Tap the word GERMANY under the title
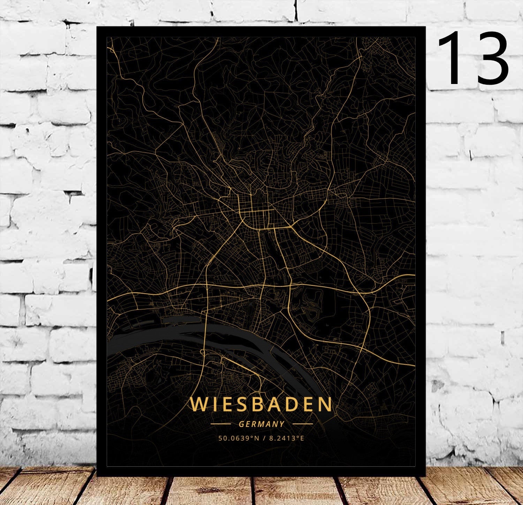(261, 424)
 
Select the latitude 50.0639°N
(239, 438)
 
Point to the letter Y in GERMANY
(282, 424)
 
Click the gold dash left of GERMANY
(221, 424)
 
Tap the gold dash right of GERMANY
(302, 424)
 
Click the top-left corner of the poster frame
(97, 27)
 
